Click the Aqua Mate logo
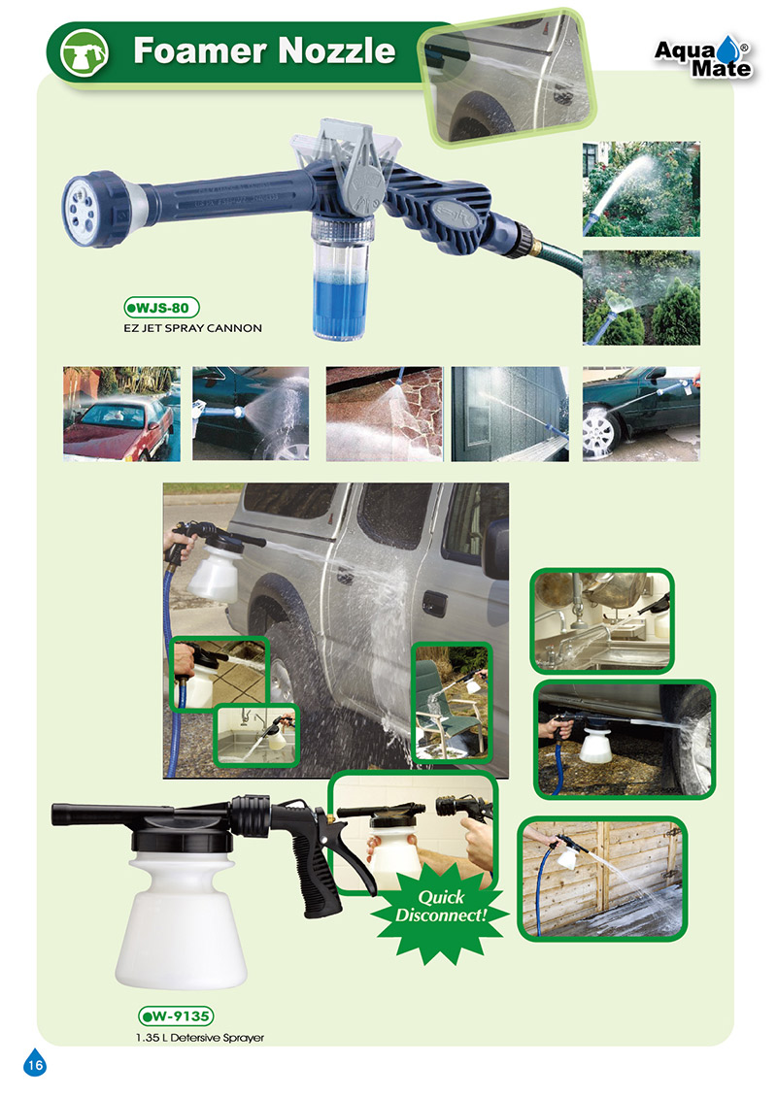tap(703, 55)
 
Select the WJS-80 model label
tap(162, 308)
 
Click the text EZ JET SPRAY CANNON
tap(192, 328)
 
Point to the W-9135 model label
tap(176, 1016)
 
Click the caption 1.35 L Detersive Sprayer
tap(200, 1038)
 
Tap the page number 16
tap(35, 1064)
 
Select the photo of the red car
tap(122, 414)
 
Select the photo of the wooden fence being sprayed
tap(602, 879)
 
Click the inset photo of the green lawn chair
tap(452, 702)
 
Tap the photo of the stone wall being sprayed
tap(384, 414)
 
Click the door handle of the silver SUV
tap(434, 603)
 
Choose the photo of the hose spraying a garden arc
tap(641, 189)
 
